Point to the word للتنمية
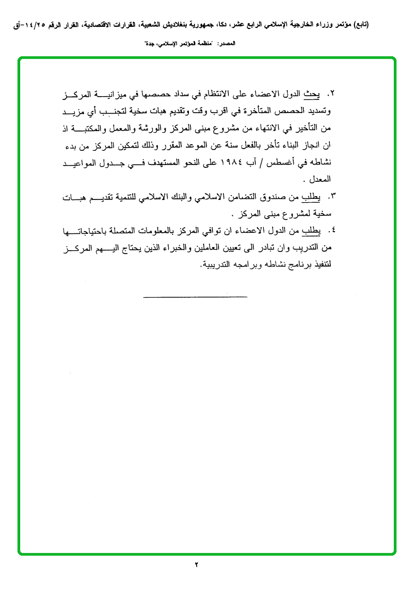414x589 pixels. [x=143, y=196]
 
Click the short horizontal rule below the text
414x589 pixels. [x=195, y=297]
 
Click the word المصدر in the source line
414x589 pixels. [x=245, y=43]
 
